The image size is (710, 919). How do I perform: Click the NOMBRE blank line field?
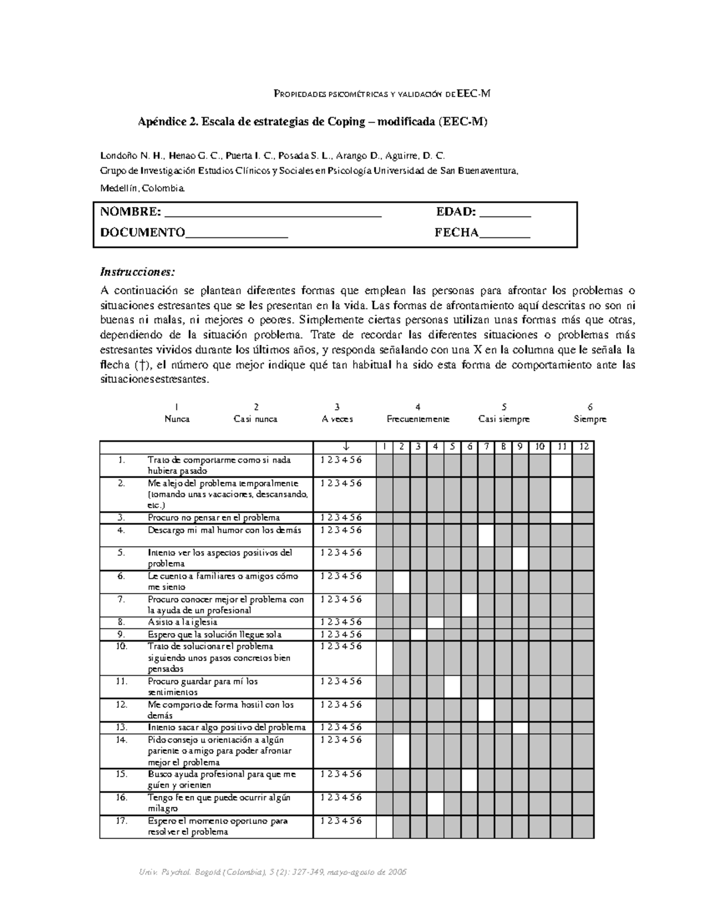coord(272,213)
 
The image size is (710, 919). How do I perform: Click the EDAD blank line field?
coord(505,213)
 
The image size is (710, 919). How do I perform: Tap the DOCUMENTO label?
coord(143,233)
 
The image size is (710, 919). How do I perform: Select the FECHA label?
coord(456,233)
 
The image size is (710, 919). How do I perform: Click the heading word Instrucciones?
coord(138,272)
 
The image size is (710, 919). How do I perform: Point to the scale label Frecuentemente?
coord(418,419)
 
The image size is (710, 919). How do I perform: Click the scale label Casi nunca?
coord(256,419)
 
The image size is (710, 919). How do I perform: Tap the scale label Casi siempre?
coord(504,419)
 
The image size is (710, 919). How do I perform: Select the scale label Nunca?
coord(177,419)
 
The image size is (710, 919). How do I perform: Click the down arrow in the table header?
coord(345,447)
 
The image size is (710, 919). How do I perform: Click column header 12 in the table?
coord(583,447)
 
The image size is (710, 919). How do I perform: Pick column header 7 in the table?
coord(486,447)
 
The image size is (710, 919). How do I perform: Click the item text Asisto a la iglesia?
coord(182,623)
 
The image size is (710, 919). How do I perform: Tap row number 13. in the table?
coord(122,728)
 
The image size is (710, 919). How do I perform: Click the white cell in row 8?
coord(435,623)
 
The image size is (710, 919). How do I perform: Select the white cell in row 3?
coord(561,518)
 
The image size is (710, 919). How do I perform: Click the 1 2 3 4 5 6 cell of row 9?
coord(341,634)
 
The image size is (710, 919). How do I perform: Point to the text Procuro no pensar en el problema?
coord(214,518)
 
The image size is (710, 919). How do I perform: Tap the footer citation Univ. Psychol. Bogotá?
coord(272,873)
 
